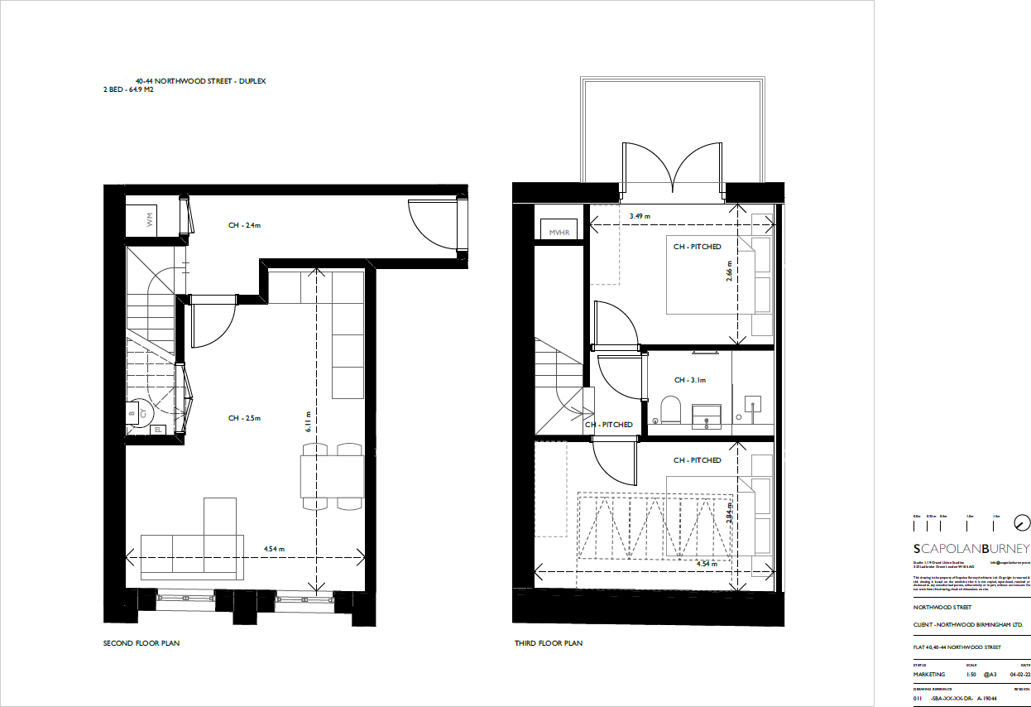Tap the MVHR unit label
click(x=560, y=233)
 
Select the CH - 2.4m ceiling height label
click(x=245, y=225)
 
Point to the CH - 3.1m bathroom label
click(x=689, y=381)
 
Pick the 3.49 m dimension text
click(x=640, y=216)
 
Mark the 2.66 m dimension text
click(x=729, y=272)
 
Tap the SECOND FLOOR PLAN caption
click(x=141, y=643)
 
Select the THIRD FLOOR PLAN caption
click(x=548, y=643)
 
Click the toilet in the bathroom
click(x=670, y=409)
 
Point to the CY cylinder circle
click(x=142, y=411)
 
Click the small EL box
click(x=158, y=429)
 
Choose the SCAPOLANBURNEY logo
click(x=971, y=548)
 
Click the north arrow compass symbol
click(x=1023, y=522)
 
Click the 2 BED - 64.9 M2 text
click(x=128, y=89)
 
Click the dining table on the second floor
click(x=332, y=475)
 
